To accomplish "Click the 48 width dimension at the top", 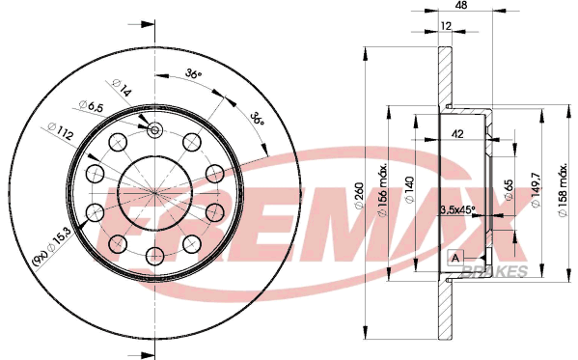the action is pyautogui.click(x=461, y=5).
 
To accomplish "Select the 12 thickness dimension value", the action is pyautogui.click(x=446, y=26).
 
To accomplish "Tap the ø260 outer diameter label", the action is pyautogui.click(x=359, y=196).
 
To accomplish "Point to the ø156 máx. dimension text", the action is pyautogui.click(x=383, y=190).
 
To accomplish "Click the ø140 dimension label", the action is pyautogui.click(x=409, y=189).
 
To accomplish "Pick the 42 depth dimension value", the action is pyautogui.click(x=457, y=134).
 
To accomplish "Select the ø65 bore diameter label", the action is pyautogui.click(x=509, y=190).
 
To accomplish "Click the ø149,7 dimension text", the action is pyautogui.click(x=535, y=189).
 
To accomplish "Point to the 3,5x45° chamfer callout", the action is pyautogui.click(x=457, y=209).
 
